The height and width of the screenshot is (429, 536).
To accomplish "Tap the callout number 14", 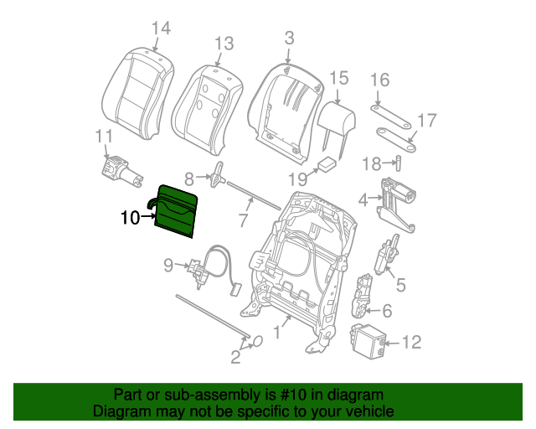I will [160, 28].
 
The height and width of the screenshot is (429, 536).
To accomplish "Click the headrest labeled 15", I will [338, 119].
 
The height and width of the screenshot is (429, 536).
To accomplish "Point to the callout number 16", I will [379, 80].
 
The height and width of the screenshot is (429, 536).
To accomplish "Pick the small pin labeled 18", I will [399, 162].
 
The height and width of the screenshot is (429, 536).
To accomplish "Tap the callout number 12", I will [412, 342].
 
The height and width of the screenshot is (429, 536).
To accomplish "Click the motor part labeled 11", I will [120, 167].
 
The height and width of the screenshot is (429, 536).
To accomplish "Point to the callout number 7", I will [242, 221].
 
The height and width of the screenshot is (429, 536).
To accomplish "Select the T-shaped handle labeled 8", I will [219, 177].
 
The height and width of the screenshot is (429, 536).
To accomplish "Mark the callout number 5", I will [400, 285].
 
